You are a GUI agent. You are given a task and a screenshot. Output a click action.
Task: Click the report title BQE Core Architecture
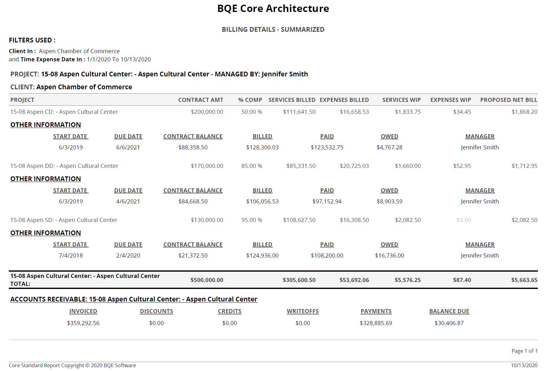273,8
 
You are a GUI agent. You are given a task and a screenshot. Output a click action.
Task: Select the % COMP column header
250,100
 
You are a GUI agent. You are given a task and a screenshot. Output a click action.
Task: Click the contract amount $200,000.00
207,112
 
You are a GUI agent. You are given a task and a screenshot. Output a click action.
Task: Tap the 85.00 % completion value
252,166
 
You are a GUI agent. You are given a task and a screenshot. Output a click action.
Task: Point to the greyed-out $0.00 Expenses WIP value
464,220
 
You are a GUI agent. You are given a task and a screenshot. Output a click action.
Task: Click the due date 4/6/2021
128,202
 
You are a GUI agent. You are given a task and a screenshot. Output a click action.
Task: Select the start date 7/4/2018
71,256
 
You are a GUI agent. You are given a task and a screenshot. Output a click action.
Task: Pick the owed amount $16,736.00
390,256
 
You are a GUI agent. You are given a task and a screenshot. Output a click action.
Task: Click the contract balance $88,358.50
193,147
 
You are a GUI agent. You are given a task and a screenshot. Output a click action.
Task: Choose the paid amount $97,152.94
327,202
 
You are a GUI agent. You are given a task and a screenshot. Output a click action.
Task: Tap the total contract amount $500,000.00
207,280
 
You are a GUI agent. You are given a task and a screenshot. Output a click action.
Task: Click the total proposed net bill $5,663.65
524,280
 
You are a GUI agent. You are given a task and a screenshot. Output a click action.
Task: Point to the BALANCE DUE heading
449,311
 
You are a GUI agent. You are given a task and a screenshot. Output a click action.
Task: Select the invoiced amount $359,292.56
83,323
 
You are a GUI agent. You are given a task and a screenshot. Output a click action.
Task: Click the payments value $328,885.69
376,323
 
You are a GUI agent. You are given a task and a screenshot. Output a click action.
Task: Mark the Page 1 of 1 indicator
525,351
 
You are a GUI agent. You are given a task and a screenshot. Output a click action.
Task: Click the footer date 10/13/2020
524,365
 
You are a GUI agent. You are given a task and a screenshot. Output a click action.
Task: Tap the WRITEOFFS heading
303,311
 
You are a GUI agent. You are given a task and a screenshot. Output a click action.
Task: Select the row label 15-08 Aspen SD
31,220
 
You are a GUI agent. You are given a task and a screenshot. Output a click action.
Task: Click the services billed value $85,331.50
301,166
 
